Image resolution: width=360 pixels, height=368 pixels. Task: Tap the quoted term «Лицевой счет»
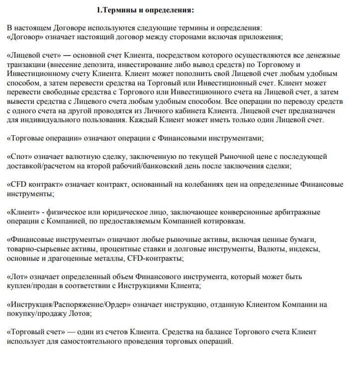click(x=35, y=56)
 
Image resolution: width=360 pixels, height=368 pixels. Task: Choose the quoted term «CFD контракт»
click(x=38, y=184)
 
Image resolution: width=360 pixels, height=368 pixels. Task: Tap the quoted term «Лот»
click(x=19, y=276)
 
